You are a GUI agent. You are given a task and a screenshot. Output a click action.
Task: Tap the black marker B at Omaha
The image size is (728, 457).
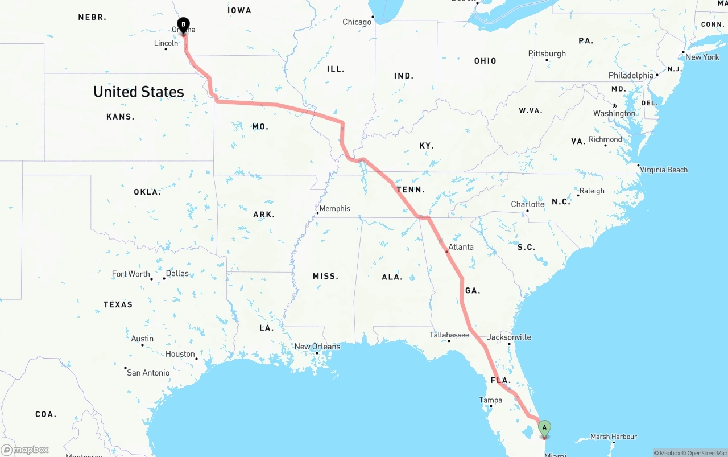(183, 24)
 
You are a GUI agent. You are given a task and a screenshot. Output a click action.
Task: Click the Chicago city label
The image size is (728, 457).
(357, 22)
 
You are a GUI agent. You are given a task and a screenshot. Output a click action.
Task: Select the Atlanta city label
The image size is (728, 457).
(461, 247)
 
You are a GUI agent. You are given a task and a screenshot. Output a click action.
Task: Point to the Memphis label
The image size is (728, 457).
(334, 209)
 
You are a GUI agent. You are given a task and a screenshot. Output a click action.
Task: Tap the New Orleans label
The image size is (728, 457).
(317, 347)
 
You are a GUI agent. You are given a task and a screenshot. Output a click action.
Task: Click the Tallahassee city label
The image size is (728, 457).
(449, 335)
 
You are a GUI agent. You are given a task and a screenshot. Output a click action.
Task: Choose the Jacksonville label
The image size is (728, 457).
(509, 337)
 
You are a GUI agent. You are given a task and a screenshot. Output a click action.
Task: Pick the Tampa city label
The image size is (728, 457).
(490, 400)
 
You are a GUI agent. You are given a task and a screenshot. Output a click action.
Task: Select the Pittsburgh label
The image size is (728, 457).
(547, 53)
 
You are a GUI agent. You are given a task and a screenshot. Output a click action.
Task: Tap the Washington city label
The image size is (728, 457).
(614, 113)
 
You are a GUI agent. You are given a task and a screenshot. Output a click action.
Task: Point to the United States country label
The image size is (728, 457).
(139, 92)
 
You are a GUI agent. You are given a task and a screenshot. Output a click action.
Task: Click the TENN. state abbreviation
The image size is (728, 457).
(411, 190)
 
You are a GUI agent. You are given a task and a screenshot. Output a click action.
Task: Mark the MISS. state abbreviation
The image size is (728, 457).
(325, 276)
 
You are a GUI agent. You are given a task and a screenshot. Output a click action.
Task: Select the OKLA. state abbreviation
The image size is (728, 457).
(147, 192)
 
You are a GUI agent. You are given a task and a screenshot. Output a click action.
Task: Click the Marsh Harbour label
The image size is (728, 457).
(613, 437)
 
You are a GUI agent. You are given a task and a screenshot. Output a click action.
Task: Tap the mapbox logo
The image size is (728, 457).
(25, 450)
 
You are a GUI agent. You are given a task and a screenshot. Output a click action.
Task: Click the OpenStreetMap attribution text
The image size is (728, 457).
(706, 453)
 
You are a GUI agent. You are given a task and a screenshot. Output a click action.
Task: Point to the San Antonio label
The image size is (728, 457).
(148, 373)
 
